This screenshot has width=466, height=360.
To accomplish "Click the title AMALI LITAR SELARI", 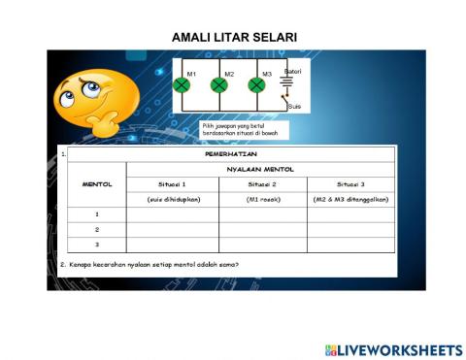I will click(234, 37).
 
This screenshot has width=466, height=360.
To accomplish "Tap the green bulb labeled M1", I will click(181, 85).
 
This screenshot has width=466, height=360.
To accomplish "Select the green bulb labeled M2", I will click(218, 85).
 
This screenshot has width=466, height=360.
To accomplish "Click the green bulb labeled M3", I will click(256, 85).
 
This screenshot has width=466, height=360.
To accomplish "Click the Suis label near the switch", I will click(295, 106).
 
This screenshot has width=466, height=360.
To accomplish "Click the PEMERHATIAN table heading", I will click(231, 154).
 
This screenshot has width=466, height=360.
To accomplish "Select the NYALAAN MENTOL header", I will click(260, 169).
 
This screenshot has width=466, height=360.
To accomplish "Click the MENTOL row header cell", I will click(96, 183).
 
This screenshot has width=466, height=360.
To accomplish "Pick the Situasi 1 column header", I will click(172, 183).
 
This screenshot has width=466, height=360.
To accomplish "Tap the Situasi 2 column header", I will click(262, 183).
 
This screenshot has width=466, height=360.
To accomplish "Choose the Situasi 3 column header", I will click(350, 183).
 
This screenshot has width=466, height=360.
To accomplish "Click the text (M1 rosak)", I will click(262, 199).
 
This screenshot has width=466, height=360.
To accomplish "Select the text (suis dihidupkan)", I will click(172, 199).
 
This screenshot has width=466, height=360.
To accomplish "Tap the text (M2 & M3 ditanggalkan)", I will click(350, 199).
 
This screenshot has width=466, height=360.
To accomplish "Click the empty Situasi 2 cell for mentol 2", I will click(262, 230).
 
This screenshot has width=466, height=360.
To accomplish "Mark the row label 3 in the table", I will click(96, 245).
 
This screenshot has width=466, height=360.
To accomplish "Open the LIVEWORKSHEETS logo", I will click(393, 349).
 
